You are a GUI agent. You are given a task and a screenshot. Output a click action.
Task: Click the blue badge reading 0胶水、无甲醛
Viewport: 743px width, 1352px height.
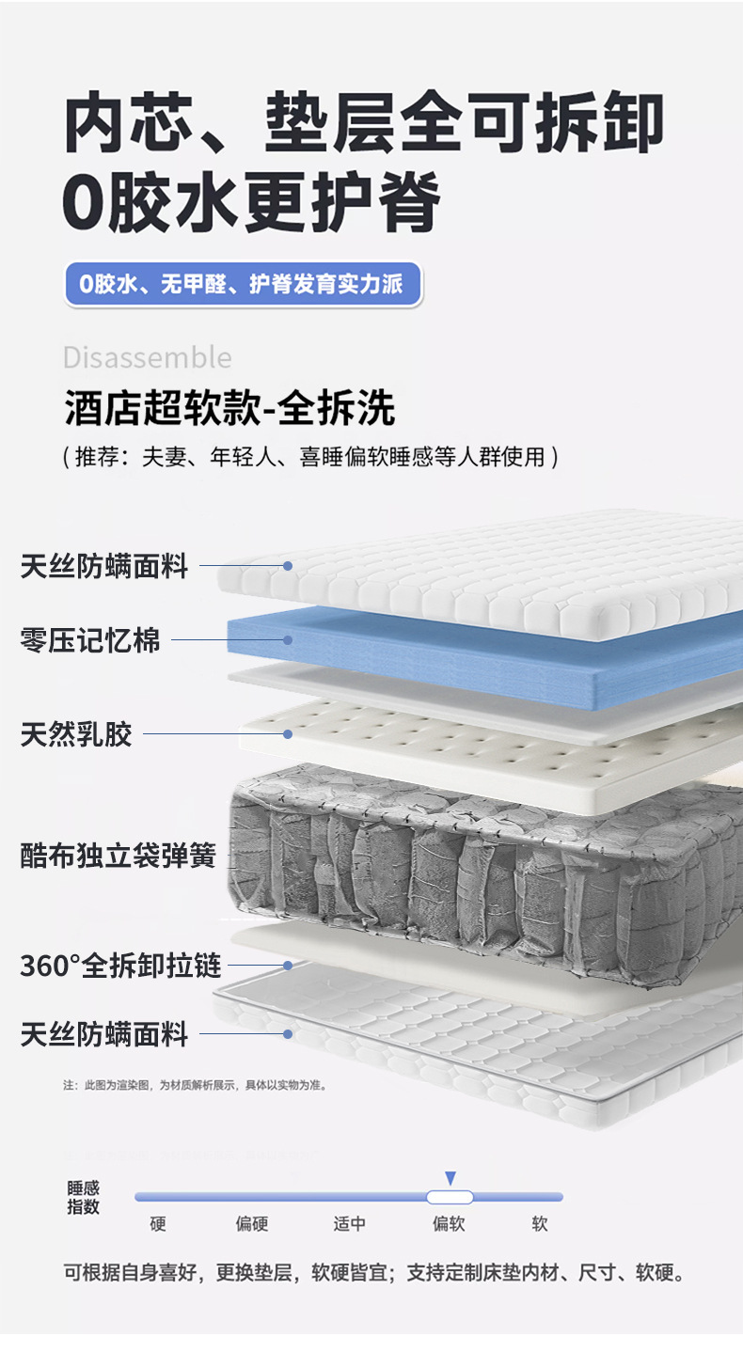point(243,284)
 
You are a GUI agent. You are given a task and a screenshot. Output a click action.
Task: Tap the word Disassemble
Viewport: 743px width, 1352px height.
point(147,357)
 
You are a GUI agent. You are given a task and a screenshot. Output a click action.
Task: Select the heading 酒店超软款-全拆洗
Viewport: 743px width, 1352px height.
point(229,409)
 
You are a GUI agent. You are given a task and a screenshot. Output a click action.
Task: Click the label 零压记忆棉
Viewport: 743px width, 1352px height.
point(90,640)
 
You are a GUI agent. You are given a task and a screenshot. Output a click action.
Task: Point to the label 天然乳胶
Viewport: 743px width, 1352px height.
point(76,733)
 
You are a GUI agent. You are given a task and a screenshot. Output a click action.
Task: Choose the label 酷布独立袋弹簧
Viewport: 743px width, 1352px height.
point(119,856)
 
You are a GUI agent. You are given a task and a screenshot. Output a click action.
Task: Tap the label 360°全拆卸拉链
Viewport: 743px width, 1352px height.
point(120,966)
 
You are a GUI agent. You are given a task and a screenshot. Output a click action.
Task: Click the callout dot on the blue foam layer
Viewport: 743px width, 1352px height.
point(289,640)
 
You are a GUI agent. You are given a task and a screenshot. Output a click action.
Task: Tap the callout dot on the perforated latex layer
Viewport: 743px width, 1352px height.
point(289,733)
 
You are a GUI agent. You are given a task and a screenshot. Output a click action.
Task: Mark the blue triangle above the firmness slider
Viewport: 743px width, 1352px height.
point(451,1178)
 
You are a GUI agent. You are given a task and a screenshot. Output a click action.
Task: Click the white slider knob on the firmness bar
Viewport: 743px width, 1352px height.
point(450,1197)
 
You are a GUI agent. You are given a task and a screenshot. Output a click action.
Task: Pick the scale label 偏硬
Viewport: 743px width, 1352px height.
point(252,1224)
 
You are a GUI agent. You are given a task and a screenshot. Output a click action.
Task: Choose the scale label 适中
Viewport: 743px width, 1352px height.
point(350,1224)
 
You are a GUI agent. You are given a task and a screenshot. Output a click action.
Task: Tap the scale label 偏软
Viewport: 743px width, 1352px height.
point(449,1224)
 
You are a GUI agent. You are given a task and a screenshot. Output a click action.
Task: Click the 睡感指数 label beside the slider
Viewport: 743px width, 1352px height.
point(83,1198)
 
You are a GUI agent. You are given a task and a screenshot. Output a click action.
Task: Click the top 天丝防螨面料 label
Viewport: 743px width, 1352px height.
point(104,566)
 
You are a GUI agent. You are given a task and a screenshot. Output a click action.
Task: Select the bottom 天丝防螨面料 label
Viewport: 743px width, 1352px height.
point(104,1034)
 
